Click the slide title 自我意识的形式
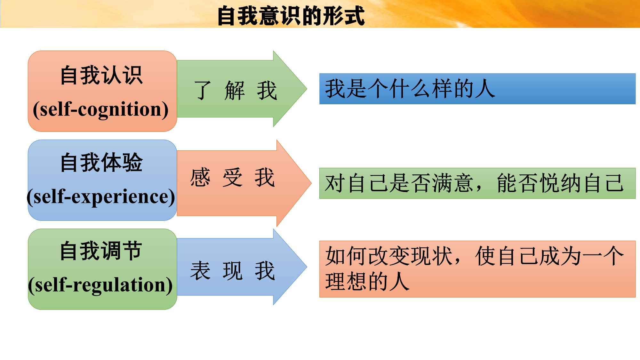[x=291, y=16]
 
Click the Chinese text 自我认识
[x=101, y=75]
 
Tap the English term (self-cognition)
[x=101, y=109]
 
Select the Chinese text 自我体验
[x=101, y=163]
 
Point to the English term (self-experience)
[x=101, y=197]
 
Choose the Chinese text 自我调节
[x=101, y=251]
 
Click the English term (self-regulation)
[x=100, y=285]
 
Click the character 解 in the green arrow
[x=235, y=91]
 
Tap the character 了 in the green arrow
[x=203, y=91]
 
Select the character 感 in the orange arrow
[x=200, y=177]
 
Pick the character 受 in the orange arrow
[x=233, y=177]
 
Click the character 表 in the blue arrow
[x=200, y=271]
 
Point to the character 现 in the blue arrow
[x=233, y=271]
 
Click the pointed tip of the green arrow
[x=307, y=89]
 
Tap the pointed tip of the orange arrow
[x=311, y=183]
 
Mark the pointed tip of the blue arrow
[x=307, y=267]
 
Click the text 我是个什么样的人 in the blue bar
[x=410, y=89]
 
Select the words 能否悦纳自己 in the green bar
[x=560, y=183]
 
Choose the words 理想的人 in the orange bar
[x=367, y=282]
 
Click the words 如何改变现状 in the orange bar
[x=388, y=256]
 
